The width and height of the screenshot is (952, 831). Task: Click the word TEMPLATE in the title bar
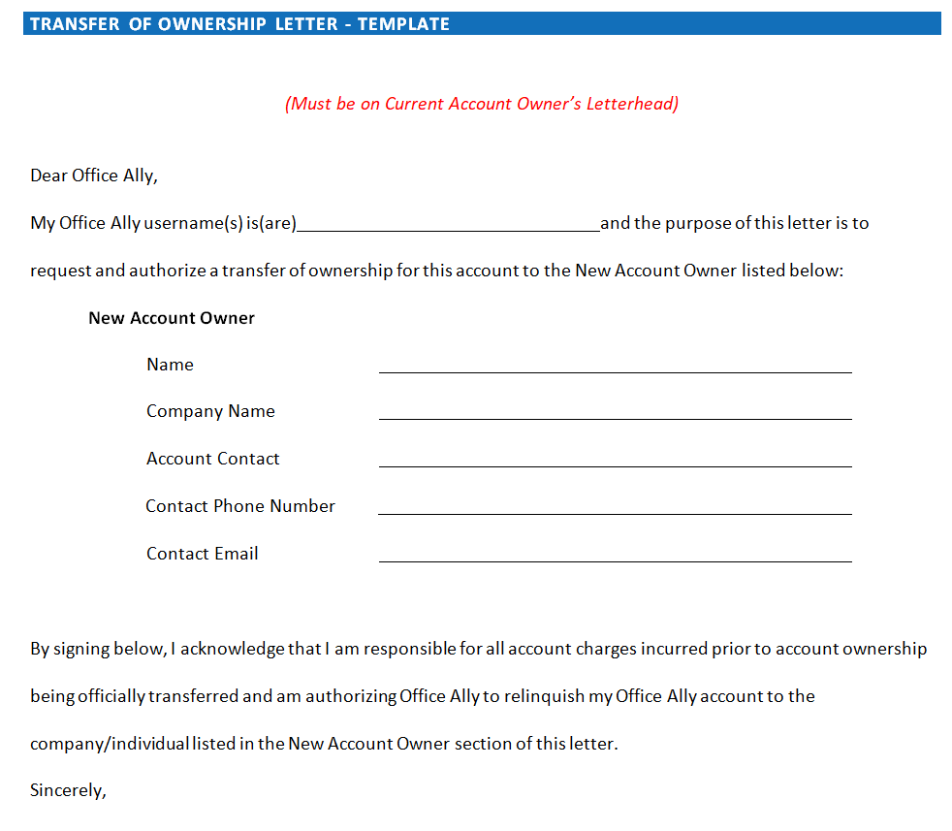tap(403, 24)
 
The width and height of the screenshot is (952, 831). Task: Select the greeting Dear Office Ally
tap(93, 176)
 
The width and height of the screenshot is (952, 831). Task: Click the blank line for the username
tap(448, 227)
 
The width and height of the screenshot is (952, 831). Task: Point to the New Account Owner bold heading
tap(172, 318)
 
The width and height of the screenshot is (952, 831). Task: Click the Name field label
tap(170, 365)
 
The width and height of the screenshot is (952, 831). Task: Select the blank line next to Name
tap(615, 368)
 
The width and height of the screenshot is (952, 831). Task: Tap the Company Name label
tap(210, 411)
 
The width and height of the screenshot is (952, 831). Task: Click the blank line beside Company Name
tap(615, 416)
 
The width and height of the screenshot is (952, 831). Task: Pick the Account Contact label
tap(212, 459)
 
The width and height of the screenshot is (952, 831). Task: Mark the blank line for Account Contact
tap(615, 463)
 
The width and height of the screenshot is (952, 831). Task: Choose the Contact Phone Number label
tap(240, 506)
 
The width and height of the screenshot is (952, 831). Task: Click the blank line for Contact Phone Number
tap(615, 511)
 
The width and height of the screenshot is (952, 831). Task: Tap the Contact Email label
tap(202, 554)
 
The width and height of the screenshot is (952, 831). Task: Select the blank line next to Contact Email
tap(615, 559)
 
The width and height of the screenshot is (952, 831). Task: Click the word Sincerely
tap(67, 790)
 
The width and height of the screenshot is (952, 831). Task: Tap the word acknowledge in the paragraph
tap(233, 649)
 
